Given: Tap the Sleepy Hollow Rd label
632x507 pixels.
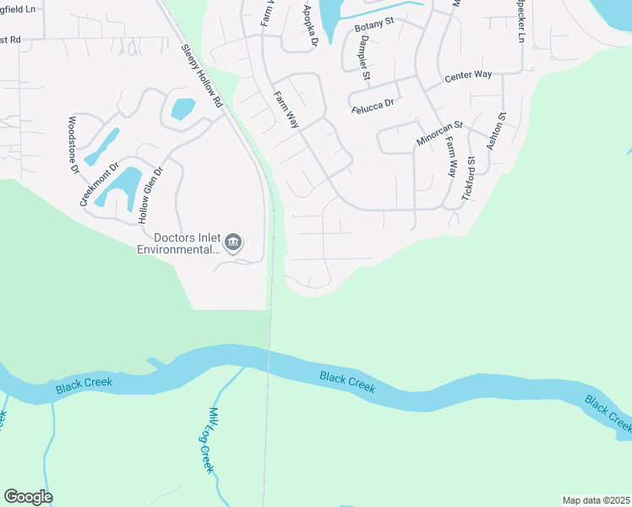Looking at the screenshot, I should click(x=200, y=76).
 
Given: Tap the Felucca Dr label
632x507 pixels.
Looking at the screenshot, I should click(x=373, y=105).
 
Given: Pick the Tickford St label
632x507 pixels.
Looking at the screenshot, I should click(x=469, y=177).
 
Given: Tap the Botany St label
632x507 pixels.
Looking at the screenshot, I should click(x=375, y=25).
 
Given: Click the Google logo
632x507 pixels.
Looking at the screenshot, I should click(x=28, y=497).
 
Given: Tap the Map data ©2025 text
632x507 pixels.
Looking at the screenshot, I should click(x=595, y=500).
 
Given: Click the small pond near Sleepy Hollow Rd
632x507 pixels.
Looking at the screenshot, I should click(x=183, y=109).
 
